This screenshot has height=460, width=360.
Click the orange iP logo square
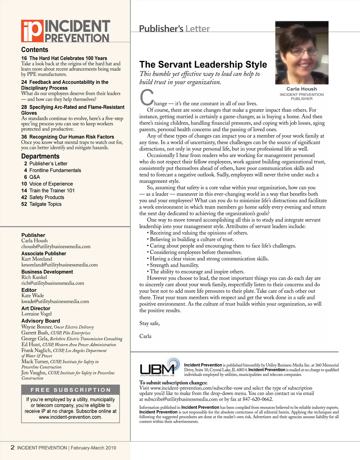point(32,31)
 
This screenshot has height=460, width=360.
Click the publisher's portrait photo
point(301,53)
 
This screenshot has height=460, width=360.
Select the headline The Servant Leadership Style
point(203,65)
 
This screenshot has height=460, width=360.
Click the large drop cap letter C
point(147,98)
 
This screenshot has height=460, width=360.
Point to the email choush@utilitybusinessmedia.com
point(56,247)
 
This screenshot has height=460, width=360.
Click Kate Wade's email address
point(55,301)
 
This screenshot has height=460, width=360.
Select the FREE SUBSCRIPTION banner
point(70,390)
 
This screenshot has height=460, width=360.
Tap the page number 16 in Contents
point(24,58)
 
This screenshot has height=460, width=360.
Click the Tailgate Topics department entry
point(45,204)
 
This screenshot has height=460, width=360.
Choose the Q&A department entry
point(34,177)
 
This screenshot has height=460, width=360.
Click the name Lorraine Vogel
point(37,314)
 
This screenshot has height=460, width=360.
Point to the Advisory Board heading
point(40,321)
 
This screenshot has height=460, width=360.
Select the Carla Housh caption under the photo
point(301,89)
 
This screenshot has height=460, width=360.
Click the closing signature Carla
point(145,336)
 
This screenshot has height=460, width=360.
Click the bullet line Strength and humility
point(174,265)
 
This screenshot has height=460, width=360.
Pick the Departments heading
point(40,156)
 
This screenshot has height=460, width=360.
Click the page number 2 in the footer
point(13,447)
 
